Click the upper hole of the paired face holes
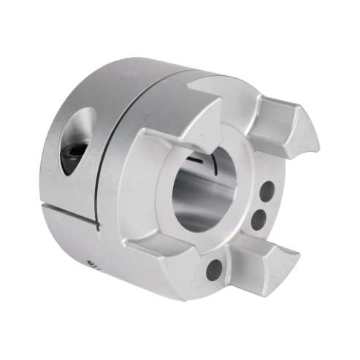(x=267, y=192)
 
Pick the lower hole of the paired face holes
(x=258, y=218)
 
